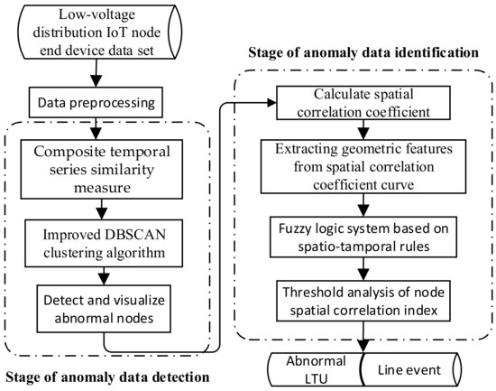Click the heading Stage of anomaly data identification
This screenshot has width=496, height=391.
pyautogui.click(x=363, y=53)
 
